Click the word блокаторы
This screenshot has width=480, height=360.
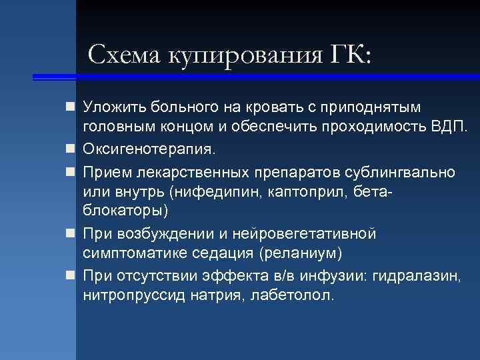point(123,211)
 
